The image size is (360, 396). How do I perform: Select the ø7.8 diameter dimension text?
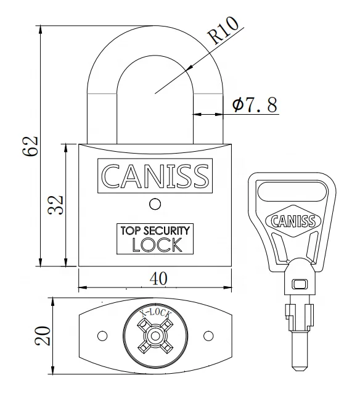(x=254, y=104)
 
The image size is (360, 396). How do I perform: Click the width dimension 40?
(x=159, y=279)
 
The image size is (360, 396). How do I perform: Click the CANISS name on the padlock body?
(x=155, y=176)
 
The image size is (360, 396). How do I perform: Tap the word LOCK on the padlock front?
(x=157, y=244)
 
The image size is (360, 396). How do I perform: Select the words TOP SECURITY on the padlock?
(x=155, y=230)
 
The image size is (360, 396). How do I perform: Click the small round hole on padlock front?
(x=155, y=204)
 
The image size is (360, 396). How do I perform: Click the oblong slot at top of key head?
(x=289, y=193)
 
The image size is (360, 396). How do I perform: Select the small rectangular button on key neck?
(x=299, y=284)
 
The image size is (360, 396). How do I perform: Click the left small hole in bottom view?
(x=102, y=336)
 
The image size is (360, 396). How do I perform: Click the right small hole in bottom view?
(x=208, y=336)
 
